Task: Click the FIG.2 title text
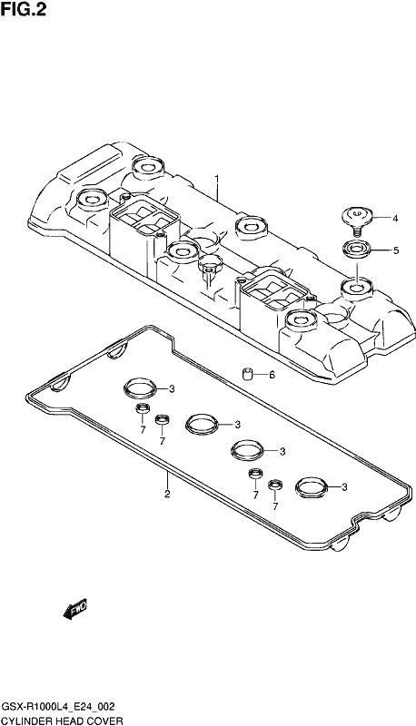point(24,9)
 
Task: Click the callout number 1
point(216,178)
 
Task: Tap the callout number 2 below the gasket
point(167,494)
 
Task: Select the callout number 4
point(395,218)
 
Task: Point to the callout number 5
point(396,250)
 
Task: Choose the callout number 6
point(272,375)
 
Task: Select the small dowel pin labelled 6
point(248,373)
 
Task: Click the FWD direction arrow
point(75,608)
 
